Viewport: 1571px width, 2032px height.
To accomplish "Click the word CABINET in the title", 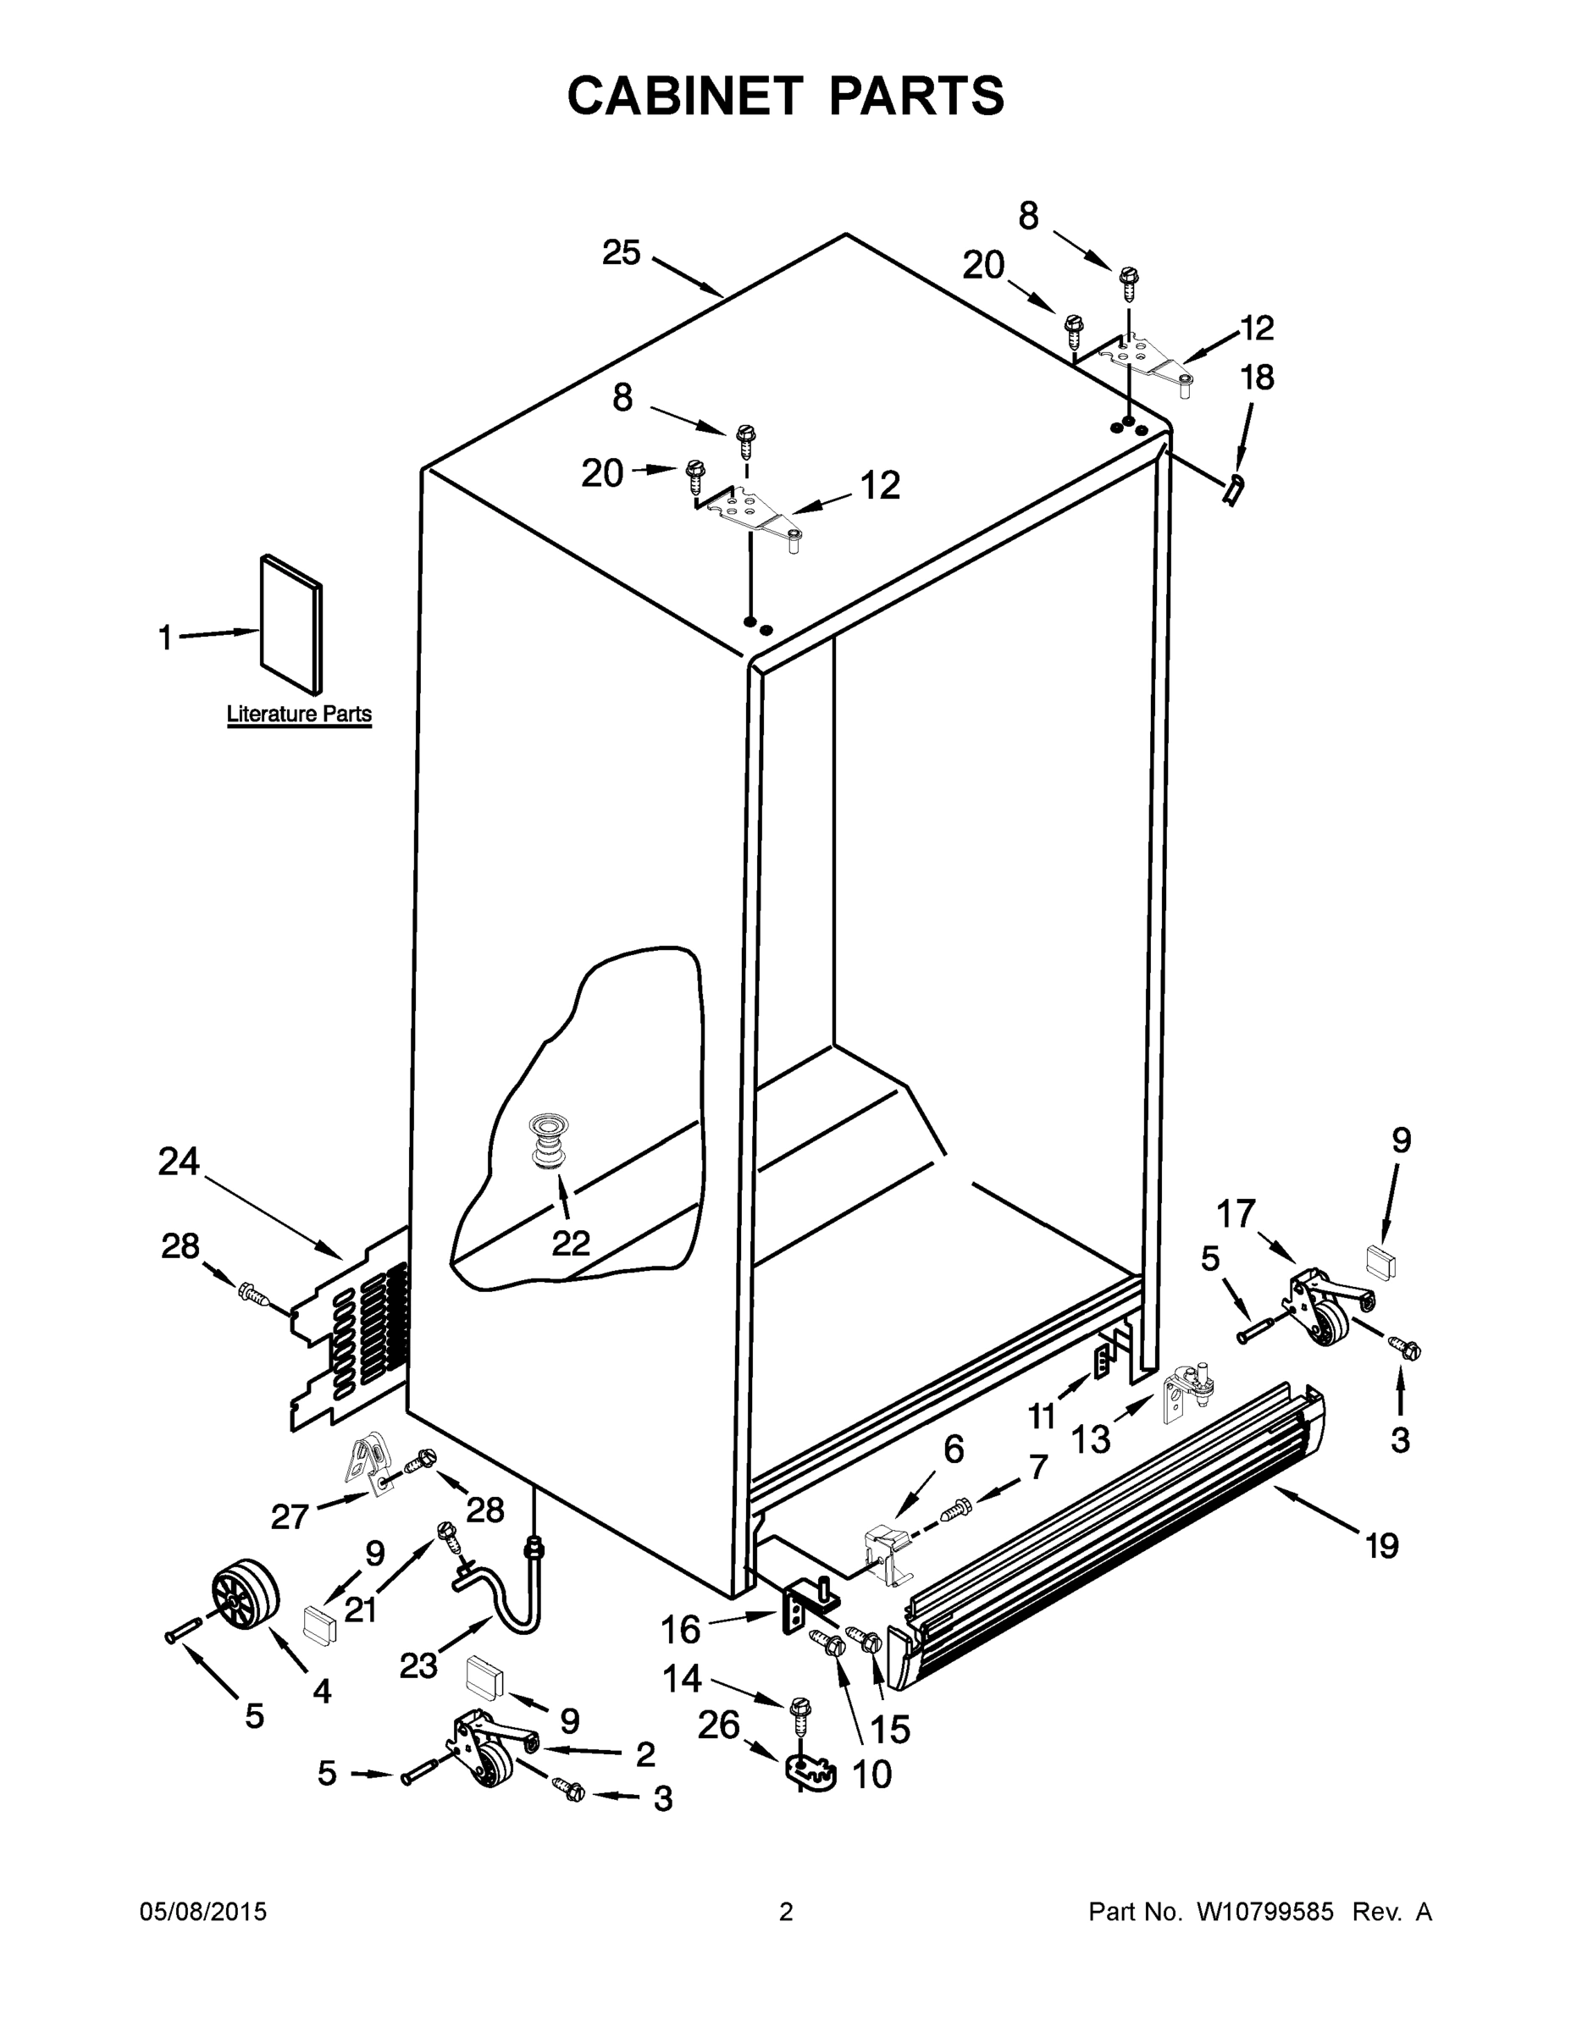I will tap(684, 96).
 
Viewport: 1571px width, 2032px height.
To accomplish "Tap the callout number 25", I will tap(621, 252).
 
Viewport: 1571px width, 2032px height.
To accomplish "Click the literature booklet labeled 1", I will tap(291, 624).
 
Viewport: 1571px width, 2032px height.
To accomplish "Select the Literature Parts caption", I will tap(299, 715).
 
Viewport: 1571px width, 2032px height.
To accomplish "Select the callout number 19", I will tap(1382, 1545).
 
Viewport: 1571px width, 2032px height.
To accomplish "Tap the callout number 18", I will tap(1257, 377).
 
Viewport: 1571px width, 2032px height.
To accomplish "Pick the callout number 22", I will tap(571, 1243).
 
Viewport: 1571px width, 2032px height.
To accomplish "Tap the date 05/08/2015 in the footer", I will tap(203, 1912).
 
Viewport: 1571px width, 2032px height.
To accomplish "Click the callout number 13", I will tap(1091, 1439).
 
